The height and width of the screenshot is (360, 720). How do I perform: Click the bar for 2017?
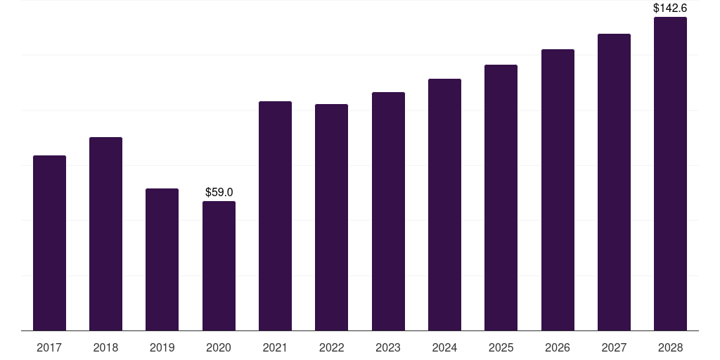(49, 243)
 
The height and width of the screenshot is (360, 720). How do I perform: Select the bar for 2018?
(105, 233)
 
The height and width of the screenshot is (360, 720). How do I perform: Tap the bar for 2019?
(162, 259)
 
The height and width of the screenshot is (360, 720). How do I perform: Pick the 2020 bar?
(219, 266)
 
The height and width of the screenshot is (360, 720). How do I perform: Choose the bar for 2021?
(275, 216)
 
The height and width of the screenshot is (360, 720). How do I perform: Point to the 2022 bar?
(331, 217)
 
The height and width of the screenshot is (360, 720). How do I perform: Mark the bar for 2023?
(388, 211)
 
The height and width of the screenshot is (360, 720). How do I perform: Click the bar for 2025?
(501, 198)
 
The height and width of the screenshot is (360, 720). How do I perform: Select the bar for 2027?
(614, 182)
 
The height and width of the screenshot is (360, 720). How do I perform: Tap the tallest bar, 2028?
(670, 174)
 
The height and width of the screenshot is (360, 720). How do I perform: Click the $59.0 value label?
(219, 192)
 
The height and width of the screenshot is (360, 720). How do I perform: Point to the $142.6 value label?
(670, 8)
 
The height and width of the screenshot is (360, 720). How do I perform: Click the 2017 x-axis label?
(49, 347)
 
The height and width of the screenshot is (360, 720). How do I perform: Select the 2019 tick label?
(162, 347)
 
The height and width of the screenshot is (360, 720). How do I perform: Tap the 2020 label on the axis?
(219, 347)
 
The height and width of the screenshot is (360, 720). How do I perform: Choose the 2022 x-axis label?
(331, 347)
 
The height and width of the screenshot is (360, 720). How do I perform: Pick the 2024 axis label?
(444, 347)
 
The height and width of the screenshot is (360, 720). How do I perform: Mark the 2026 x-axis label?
(558, 347)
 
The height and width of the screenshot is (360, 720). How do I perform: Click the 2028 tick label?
(670, 347)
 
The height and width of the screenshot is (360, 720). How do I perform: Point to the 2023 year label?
(388, 347)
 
